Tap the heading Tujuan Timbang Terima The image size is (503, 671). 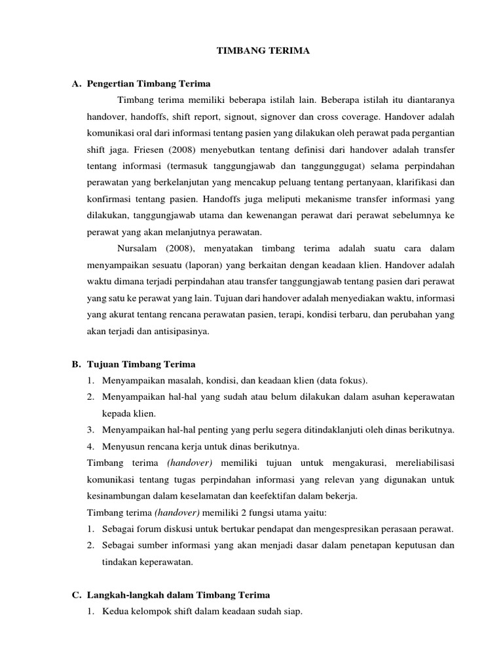click(141, 364)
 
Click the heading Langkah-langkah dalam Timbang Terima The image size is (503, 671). click(178, 595)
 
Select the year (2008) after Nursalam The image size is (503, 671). click(183, 249)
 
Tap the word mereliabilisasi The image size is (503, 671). click(423, 463)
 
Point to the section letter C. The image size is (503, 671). click(75, 595)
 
